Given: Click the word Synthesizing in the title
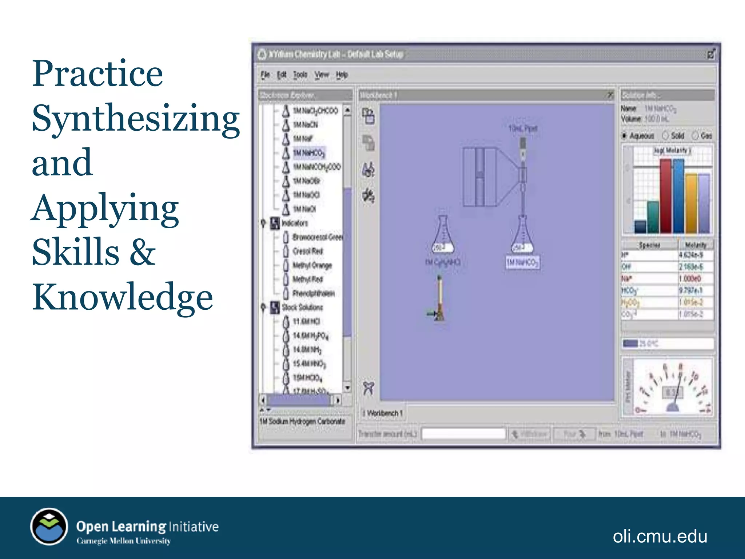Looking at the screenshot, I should tap(135, 118).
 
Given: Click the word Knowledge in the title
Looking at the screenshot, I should tap(122, 297).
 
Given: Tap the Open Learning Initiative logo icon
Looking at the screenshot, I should tap(49, 526).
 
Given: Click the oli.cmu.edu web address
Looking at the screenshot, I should tap(660, 536).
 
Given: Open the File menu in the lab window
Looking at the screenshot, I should tap(265, 75).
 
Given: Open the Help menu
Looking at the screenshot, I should tap(342, 75).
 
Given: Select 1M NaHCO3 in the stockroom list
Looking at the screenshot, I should tap(309, 153).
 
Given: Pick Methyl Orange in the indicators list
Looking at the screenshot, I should tap(312, 265).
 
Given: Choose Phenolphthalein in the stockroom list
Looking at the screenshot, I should tap(313, 293).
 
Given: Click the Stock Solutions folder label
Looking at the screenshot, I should tap(302, 308).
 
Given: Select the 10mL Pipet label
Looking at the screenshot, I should tap(522, 128).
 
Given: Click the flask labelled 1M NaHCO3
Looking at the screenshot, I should tap(522, 237).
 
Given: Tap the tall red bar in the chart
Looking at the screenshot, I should tap(665, 197).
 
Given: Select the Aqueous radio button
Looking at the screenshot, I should tap(625, 136).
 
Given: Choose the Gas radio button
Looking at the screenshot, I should tap(695, 136).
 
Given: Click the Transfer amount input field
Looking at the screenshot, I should tap(463, 434).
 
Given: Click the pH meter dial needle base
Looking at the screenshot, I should tap(672, 408).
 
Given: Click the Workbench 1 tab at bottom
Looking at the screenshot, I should tap(384, 413).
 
